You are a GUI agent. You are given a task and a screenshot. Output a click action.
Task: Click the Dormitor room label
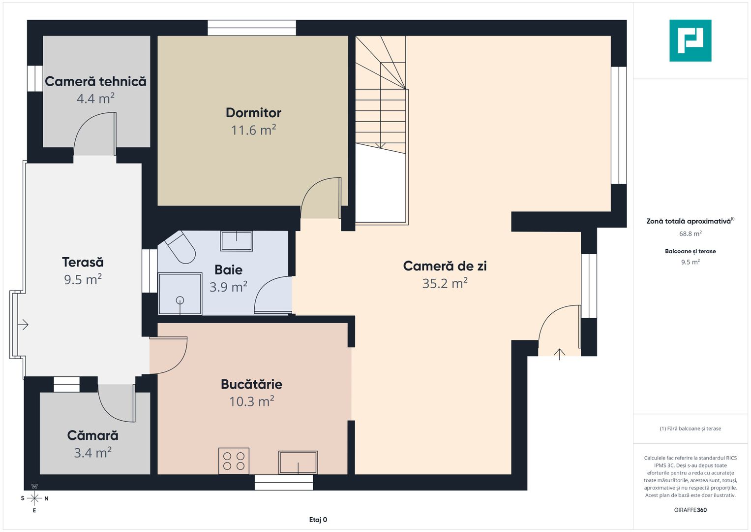click(x=253, y=113)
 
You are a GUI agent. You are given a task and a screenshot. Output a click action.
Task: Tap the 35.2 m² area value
click(x=445, y=283)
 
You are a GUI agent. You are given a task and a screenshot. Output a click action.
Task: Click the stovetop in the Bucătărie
click(x=234, y=461)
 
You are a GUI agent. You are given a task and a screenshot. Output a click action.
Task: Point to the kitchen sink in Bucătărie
click(x=298, y=463)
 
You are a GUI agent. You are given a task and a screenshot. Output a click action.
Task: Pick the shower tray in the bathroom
click(x=180, y=294)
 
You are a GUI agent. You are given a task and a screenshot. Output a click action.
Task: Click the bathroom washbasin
click(x=237, y=241)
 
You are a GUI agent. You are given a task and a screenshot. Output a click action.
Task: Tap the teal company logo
click(x=691, y=40)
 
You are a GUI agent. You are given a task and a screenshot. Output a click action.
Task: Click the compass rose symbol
click(x=34, y=499)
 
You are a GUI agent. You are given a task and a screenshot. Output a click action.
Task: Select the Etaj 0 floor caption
click(x=318, y=520)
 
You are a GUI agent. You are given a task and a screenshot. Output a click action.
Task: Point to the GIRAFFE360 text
click(x=691, y=510)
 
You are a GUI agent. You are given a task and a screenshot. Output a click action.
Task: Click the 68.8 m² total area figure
click(x=691, y=233)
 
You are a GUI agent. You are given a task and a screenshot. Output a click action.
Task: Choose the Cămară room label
click(x=92, y=435)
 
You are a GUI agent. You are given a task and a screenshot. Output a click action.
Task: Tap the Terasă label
click(x=83, y=262)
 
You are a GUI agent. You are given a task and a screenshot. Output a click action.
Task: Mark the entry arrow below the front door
click(x=559, y=354)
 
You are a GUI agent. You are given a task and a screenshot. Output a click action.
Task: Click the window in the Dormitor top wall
click(x=252, y=28)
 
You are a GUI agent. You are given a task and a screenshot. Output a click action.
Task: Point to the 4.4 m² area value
click(x=95, y=99)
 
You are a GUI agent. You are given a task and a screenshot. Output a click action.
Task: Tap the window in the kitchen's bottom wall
click(x=284, y=482)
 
